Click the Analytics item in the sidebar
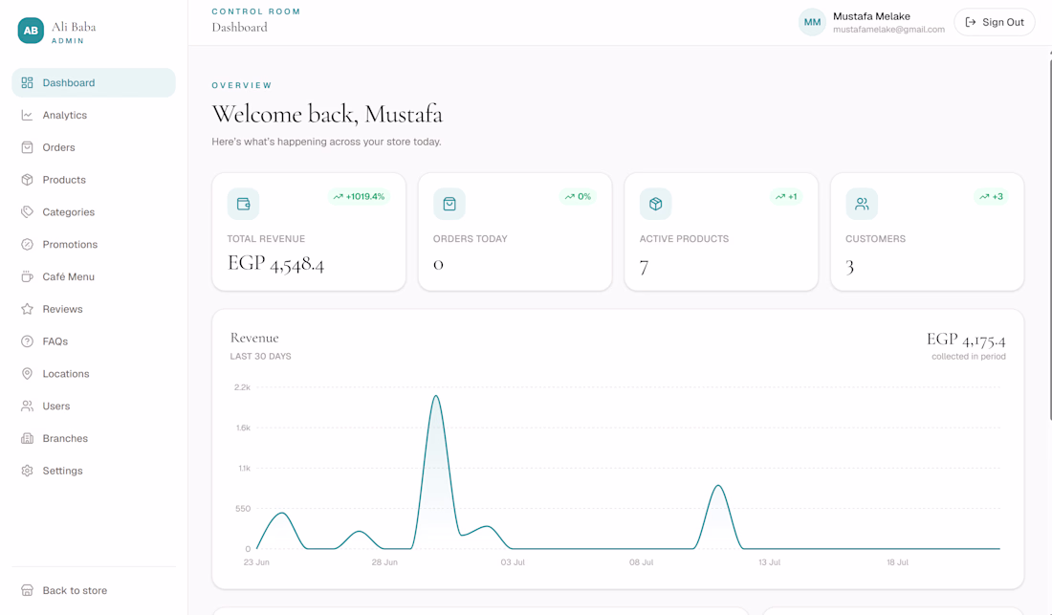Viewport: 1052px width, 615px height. tap(64, 116)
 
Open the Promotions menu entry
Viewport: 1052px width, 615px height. tap(70, 245)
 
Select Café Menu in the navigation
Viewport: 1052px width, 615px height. tap(68, 277)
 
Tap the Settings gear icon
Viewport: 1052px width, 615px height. tap(27, 471)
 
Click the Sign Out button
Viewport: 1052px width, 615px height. tap(995, 22)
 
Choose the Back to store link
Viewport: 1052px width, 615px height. tap(75, 591)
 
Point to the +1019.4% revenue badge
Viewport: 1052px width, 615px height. tap(359, 196)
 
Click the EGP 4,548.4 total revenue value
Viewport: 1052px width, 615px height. tap(275, 264)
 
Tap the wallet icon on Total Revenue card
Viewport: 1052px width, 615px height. tap(244, 204)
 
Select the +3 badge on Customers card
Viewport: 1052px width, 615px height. tap(991, 196)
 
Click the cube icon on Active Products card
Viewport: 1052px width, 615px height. tap(655, 204)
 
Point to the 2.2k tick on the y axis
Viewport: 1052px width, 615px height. tap(242, 387)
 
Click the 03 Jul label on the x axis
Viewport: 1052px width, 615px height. tap(513, 562)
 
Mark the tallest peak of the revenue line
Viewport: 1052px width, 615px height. tap(436, 396)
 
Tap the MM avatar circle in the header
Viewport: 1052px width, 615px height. tap(812, 22)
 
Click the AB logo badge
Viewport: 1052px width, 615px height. tap(31, 31)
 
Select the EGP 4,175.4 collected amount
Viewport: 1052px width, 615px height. tap(966, 340)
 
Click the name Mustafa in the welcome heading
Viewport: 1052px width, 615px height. tap(404, 114)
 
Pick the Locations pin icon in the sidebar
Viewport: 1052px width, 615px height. tap(27, 374)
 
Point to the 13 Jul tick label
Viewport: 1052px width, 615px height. tap(770, 562)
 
